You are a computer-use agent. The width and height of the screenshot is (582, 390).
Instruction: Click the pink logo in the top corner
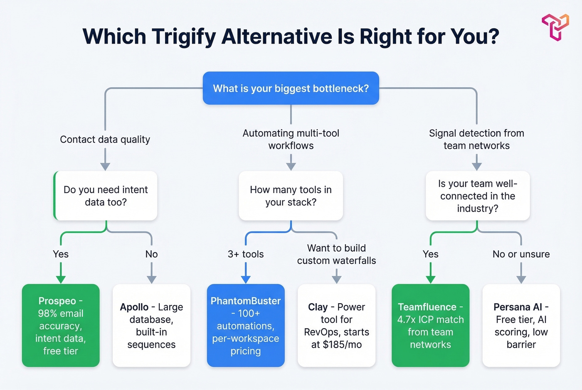[x=555, y=27]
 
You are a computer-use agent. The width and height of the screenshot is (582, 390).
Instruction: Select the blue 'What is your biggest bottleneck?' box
[x=291, y=88]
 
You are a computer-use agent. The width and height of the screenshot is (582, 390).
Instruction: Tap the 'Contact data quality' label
[x=105, y=140]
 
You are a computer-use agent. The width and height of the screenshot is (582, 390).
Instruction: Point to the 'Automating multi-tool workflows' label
[x=291, y=140]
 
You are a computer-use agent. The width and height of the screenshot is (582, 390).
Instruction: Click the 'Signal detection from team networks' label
[x=476, y=140]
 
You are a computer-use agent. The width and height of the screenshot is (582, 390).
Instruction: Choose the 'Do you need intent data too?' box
[x=106, y=196]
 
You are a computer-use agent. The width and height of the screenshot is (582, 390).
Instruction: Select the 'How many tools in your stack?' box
[x=291, y=196]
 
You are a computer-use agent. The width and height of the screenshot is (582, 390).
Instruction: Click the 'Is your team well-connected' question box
[x=478, y=196]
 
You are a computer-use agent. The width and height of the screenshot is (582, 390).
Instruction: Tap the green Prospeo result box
[x=61, y=326]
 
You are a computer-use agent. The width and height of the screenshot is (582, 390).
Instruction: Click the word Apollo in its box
[x=134, y=307]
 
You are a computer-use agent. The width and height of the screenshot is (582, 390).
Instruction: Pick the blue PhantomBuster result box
[x=246, y=326]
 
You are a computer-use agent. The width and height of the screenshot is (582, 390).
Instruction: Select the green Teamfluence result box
[x=430, y=326]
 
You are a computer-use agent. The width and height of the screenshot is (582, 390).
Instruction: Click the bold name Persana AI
[x=518, y=307]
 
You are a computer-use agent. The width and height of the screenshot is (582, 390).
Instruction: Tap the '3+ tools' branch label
[x=246, y=254]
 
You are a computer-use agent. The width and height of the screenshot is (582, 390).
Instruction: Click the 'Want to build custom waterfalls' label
[x=336, y=254]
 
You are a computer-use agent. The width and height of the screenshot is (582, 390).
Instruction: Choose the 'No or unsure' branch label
[x=521, y=254]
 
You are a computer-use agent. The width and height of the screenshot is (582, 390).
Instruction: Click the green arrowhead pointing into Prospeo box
[x=61, y=279]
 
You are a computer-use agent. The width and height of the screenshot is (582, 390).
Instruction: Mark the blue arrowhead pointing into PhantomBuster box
[x=246, y=279]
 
